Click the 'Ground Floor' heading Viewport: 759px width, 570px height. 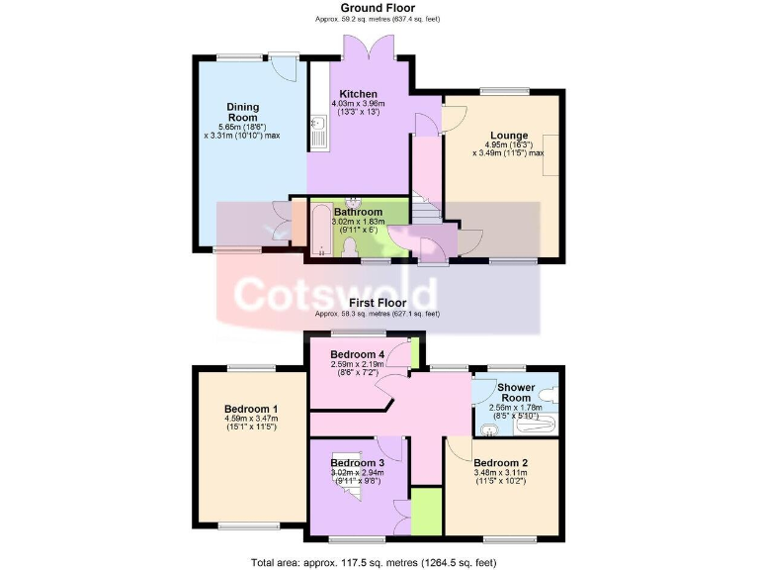376,8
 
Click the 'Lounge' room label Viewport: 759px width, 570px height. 509,136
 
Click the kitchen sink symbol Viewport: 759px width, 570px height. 318,133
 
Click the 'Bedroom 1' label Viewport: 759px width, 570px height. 250,410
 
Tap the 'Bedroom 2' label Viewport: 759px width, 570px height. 500,463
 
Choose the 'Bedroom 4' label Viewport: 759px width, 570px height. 357,355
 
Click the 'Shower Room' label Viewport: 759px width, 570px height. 517,393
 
